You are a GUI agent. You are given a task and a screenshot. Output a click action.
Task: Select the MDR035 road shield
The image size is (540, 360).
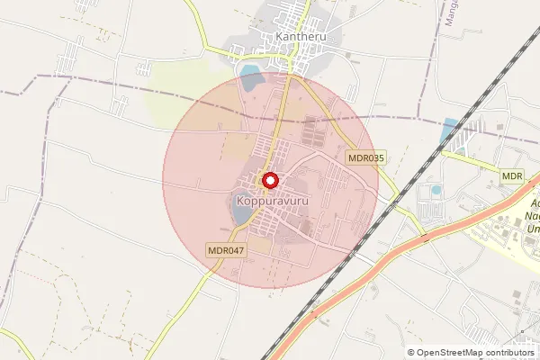(x=366, y=157)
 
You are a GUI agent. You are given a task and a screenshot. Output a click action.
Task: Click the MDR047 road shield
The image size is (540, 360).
(x=226, y=250)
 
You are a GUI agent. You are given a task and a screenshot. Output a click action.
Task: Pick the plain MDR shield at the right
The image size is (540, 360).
(x=513, y=175)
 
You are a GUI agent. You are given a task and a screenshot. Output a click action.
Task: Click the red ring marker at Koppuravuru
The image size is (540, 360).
(x=269, y=181)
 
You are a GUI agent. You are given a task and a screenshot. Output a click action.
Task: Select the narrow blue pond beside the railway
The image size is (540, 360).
(x=449, y=131)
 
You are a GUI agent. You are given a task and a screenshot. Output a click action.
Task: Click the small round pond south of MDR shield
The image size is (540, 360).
(x=436, y=191)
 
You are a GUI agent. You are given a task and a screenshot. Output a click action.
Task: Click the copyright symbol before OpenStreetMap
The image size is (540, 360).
(x=411, y=352)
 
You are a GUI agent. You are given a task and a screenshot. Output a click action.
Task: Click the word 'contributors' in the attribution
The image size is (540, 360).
(x=508, y=352)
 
